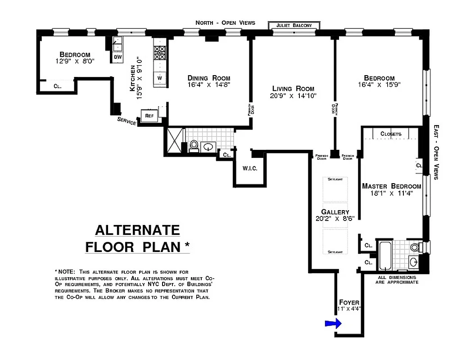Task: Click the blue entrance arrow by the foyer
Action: point(333,323)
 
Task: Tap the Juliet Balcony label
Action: point(294,25)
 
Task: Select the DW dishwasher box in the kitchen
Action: point(118,57)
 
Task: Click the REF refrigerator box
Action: point(149,116)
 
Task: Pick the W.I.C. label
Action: point(249,169)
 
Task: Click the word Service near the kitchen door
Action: point(127,121)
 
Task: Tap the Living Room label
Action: point(293,88)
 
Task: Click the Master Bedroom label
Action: point(391,186)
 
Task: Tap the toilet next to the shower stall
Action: point(194,145)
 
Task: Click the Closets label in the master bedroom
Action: point(390,134)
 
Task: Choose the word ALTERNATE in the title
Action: point(137,230)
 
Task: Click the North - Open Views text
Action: point(225,22)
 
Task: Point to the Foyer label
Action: point(348,302)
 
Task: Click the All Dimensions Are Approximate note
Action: point(398,280)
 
